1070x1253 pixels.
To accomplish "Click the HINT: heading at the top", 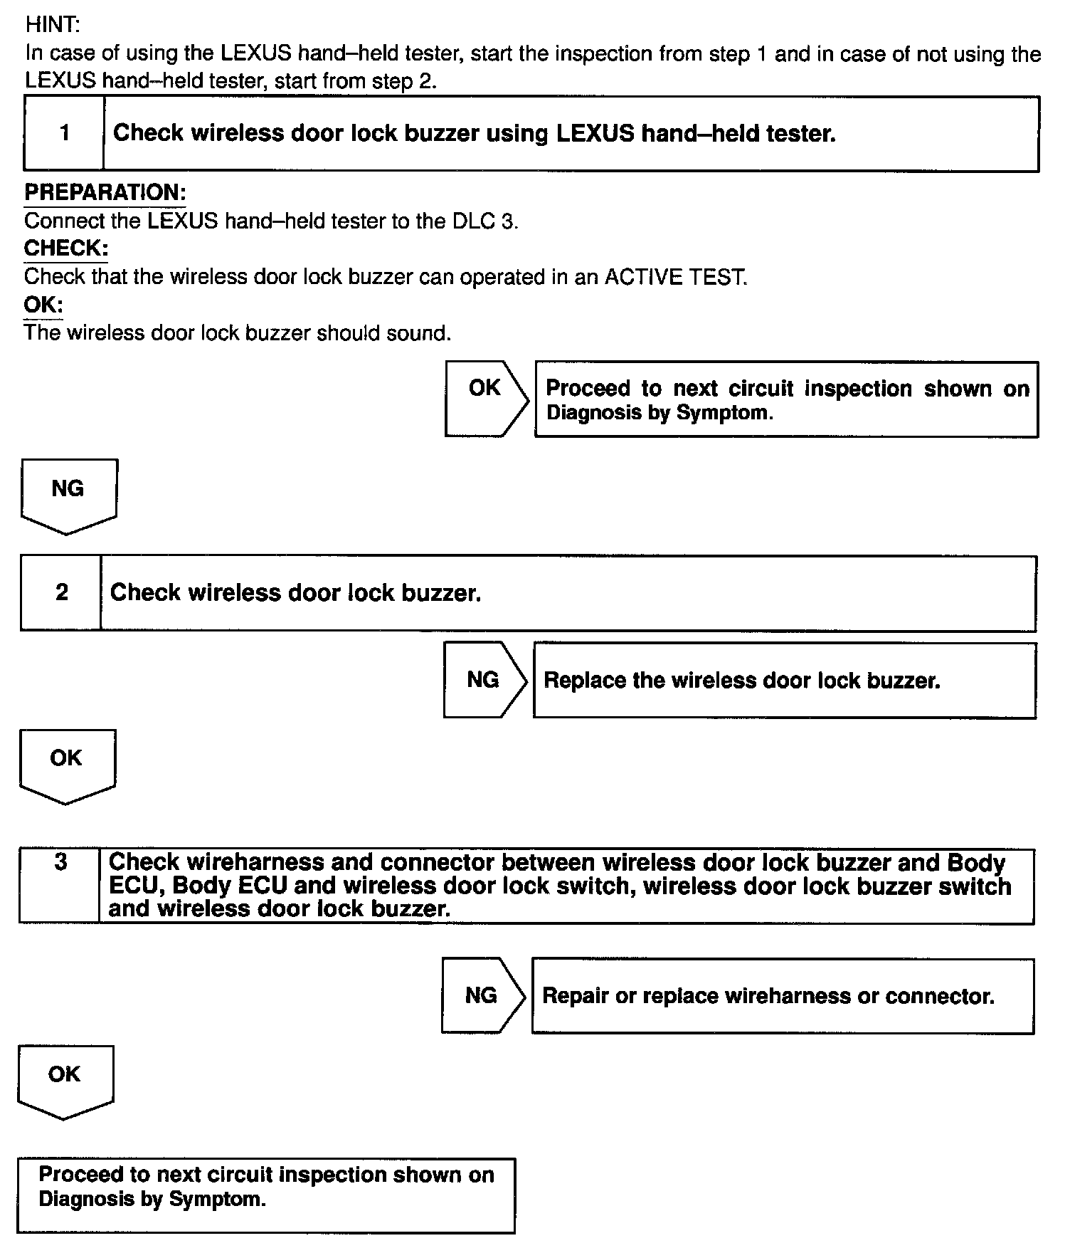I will pos(53,25).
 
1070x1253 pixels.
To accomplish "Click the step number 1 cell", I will pos(65,133).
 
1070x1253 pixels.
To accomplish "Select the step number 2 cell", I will pos(62,592).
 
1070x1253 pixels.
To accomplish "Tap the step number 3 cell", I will pos(60,863).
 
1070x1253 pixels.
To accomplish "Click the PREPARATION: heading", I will pos(105,192).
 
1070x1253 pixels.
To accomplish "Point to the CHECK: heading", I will pos(66,248).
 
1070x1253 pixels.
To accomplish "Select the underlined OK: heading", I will pos(43,305).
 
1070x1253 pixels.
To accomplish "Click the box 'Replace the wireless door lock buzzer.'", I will pos(784,681).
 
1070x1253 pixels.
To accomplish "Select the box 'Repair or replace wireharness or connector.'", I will pos(783,995).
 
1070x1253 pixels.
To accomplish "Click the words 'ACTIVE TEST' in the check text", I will pos(675,277).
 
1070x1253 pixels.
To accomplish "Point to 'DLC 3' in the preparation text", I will pos(484,221).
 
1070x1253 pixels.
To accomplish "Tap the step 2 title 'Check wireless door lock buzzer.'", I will pos(295,592).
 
